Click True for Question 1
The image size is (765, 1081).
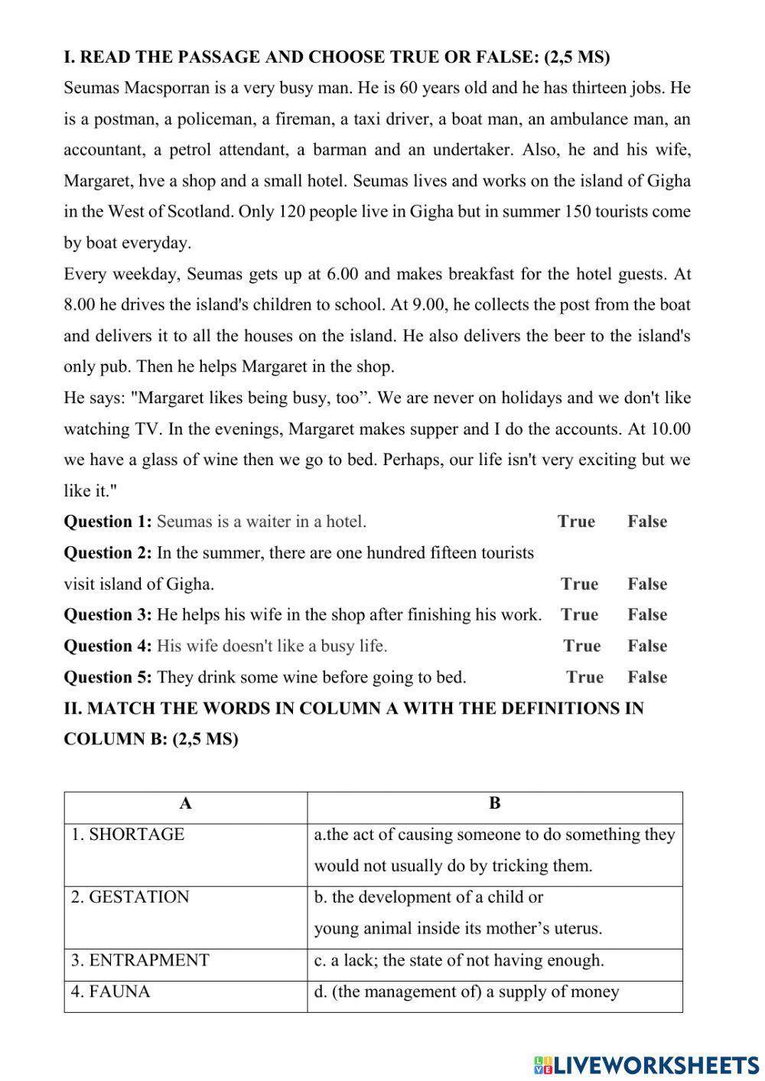tap(576, 522)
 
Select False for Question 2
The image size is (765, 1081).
tap(647, 584)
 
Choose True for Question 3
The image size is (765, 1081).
tap(579, 615)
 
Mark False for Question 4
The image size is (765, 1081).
tap(647, 646)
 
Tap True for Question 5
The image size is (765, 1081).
tap(584, 678)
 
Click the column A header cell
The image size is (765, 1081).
tap(186, 804)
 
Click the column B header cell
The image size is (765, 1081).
tap(495, 804)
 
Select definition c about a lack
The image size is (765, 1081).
tap(459, 961)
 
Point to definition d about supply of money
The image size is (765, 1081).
tap(467, 992)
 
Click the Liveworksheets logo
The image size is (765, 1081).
tap(646, 1064)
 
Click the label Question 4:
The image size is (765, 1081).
tap(108, 646)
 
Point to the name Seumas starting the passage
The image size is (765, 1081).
tap(92, 88)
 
